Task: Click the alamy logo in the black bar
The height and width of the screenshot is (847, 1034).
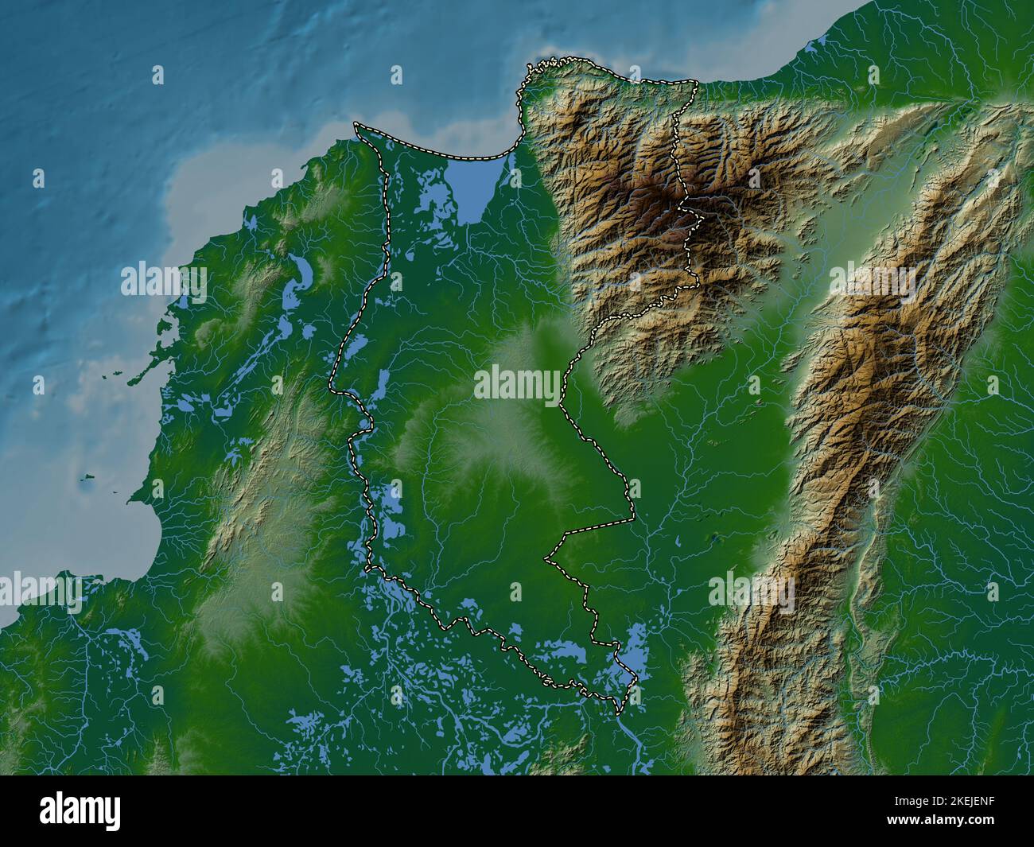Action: tap(80, 810)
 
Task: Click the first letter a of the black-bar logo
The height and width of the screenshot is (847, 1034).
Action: tap(49, 812)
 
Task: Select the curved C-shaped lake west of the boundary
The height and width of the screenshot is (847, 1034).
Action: tap(302, 272)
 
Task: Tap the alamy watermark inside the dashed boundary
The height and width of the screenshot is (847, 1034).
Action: tap(517, 386)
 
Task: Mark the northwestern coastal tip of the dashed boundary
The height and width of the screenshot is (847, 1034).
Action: tap(356, 125)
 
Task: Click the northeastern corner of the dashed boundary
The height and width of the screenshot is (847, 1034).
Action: tap(697, 83)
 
